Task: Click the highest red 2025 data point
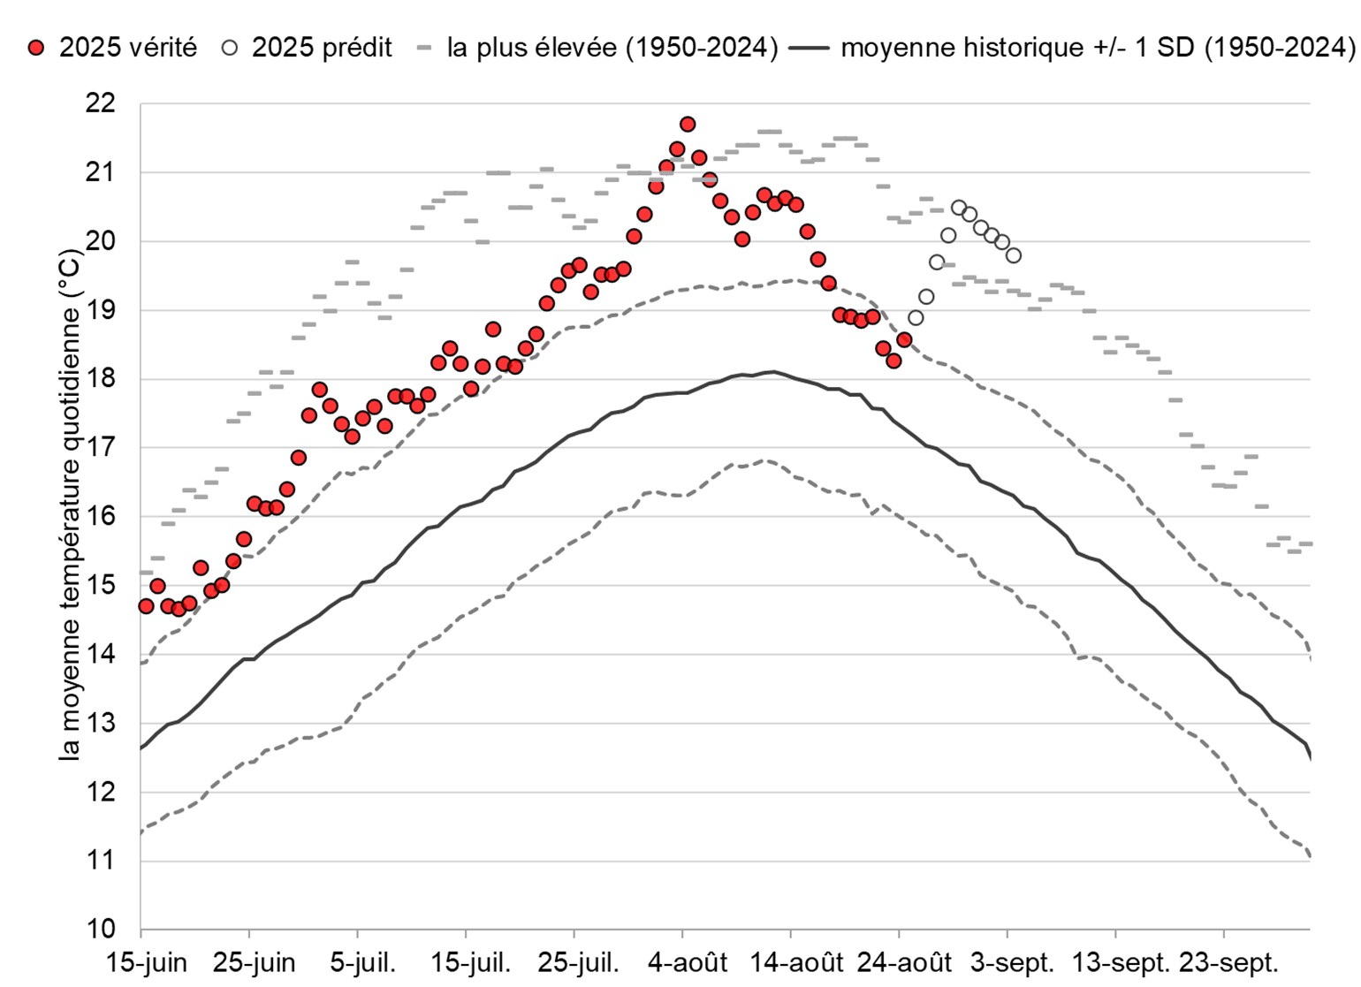click(x=688, y=124)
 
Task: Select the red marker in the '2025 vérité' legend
click(x=36, y=48)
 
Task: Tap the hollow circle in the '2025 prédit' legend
click(x=230, y=48)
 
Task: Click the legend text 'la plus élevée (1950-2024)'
click(x=612, y=47)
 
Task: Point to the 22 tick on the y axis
click(x=101, y=103)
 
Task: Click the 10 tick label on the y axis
click(x=101, y=929)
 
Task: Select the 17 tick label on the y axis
click(x=101, y=447)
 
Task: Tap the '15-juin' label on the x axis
click(x=147, y=962)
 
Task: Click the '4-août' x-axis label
click(x=688, y=962)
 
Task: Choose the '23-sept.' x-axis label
click(x=1228, y=962)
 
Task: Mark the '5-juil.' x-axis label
click(x=362, y=962)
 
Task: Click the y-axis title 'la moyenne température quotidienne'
click(x=70, y=504)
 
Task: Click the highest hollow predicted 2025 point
click(x=959, y=208)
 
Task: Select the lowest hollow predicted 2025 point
click(x=916, y=317)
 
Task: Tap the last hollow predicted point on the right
click(x=1014, y=255)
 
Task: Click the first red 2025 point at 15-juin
click(x=146, y=605)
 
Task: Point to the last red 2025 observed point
click(x=904, y=339)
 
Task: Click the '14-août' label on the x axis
click(x=796, y=962)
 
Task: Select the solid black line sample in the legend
click(x=809, y=48)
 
